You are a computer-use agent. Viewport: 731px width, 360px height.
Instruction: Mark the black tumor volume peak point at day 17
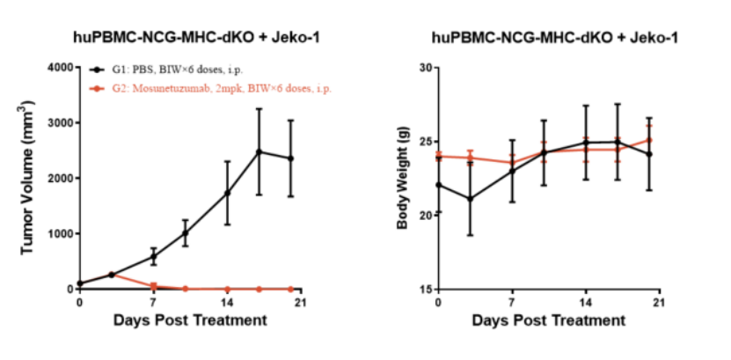pyautogui.click(x=259, y=151)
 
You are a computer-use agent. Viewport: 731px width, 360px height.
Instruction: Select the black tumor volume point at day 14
pyautogui.click(x=228, y=193)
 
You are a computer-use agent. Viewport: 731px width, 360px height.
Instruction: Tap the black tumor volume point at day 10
pyautogui.click(x=186, y=233)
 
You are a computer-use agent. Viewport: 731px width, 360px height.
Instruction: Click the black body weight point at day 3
pyautogui.click(x=470, y=199)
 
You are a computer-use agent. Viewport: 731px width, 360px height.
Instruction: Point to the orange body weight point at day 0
pyautogui.click(x=438, y=156)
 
